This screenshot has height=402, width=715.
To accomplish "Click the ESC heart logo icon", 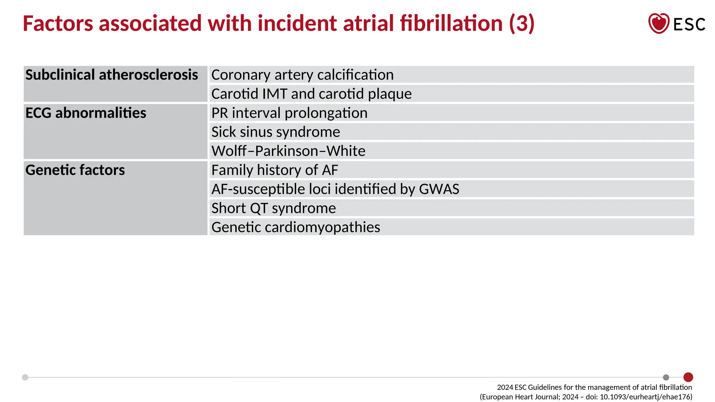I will tap(658, 23).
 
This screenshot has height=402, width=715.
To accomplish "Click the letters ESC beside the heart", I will tap(689, 24).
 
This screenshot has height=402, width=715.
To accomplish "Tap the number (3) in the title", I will tap(522, 23).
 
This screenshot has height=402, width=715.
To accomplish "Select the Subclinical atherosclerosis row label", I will tap(112, 75).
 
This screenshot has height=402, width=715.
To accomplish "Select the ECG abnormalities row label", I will tap(86, 113).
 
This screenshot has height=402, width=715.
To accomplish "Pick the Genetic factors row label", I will tap(75, 170).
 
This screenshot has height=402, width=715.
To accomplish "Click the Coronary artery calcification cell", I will tap(302, 75).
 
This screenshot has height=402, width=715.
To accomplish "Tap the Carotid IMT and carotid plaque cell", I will tap(311, 94).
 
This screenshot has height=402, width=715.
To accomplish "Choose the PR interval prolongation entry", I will tap(289, 113).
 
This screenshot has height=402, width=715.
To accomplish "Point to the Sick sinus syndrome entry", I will tap(275, 132).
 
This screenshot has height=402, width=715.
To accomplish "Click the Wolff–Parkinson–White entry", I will tap(288, 151).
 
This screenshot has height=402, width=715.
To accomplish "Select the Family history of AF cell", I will tap(274, 170).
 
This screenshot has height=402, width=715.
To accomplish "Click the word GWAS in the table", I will tap(439, 189).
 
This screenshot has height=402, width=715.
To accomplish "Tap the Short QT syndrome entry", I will tap(273, 208).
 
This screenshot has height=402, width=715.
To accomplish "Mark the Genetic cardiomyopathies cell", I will tap(296, 227).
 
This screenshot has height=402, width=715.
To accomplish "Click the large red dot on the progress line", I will tap(688, 377).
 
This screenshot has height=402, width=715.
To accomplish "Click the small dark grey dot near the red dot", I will tap(666, 377).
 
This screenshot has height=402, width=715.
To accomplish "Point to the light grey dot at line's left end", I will tap(25, 377).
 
